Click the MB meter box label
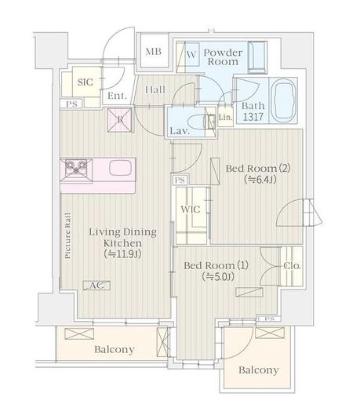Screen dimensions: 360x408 pyautogui.click(x=153, y=52)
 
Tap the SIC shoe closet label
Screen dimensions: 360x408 pyautogui.click(x=85, y=82)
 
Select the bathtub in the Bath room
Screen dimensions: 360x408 pyautogui.click(x=283, y=100)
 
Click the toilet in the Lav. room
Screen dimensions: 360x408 pyautogui.click(x=201, y=122)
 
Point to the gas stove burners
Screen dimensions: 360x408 pyautogui.click(x=76, y=166)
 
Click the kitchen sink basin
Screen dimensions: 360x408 pyautogui.click(x=120, y=168)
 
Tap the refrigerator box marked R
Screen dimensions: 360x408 pyautogui.click(x=120, y=120)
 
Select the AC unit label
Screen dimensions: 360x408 pyautogui.click(x=96, y=286)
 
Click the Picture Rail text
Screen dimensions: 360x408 pyautogui.click(x=67, y=236)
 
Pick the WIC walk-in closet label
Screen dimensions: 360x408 pyautogui.click(x=191, y=209)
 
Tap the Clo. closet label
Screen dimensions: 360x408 pyautogui.click(x=292, y=266)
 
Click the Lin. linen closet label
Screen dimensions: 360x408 pyautogui.click(x=225, y=117)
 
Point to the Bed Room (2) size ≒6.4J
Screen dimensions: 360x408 pyautogui.click(x=260, y=180)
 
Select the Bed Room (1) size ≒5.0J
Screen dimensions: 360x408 pyautogui.click(x=218, y=277)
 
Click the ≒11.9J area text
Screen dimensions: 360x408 pyautogui.click(x=122, y=254)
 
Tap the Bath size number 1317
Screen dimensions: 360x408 pyautogui.click(x=253, y=117)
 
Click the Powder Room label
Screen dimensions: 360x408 pyautogui.click(x=223, y=57)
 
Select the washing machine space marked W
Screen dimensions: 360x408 pyautogui.click(x=191, y=55)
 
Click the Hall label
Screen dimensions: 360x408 pyautogui.click(x=155, y=90)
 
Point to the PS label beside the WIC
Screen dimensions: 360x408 pyautogui.click(x=180, y=180)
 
